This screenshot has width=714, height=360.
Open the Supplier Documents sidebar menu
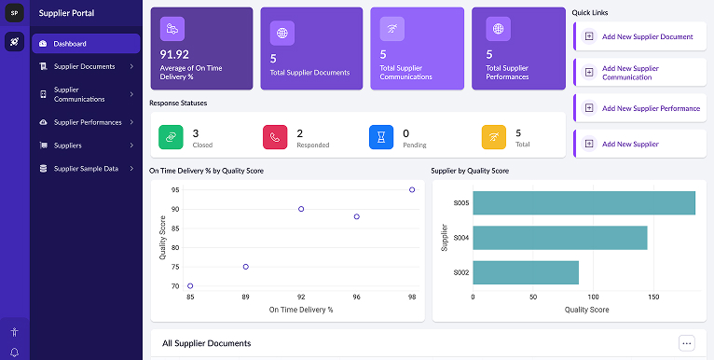pyautogui.click(x=85, y=66)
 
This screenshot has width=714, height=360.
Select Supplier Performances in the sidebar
pyautogui.click(x=88, y=122)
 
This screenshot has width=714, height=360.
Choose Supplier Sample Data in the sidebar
pyautogui.click(x=86, y=169)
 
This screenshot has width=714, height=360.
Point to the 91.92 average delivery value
pyautogui.click(x=174, y=54)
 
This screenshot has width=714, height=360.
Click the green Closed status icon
pyautogui.click(x=171, y=137)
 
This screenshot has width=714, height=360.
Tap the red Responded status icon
pyautogui.click(x=275, y=137)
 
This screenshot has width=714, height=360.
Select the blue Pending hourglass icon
pyautogui.click(x=381, y=137)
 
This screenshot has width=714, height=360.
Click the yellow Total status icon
pyautogui.click(x=493, y=137)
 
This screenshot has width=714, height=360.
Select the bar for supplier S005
pyautogui.click(x=584, y=203)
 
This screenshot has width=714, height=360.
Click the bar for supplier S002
pyautogui.click(x=526, y=272)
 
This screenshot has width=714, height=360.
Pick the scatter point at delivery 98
pyautogui.click(x=412, y=189)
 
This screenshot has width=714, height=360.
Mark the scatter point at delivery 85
pyautogui.click(x=190, y=286)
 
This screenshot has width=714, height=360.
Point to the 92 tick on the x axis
pyautogui.click(x=301, y=298)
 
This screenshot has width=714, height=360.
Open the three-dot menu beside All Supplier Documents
pyautogui.click(x=687, y=343)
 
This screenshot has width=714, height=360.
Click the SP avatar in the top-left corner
pyautogui.click(x=14, y=13)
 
